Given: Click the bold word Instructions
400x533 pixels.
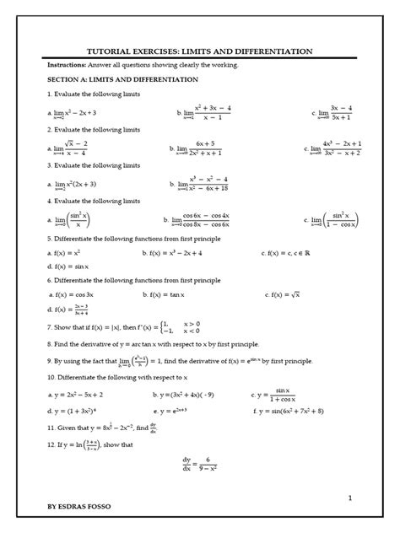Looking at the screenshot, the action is click(x=68, y=65).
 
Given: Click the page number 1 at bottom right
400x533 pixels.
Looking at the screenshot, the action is click(x=349, y=498).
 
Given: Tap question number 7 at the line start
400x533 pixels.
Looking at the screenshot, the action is click(x=50, y=326).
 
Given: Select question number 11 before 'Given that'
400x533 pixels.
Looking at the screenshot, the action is click(x=51, y=426).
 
